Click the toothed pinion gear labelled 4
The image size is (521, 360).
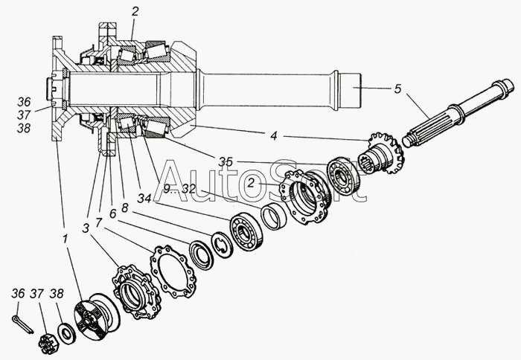pyautogui.click(x=385, y=152)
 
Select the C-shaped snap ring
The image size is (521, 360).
pyautogui.click(x=221, y=244)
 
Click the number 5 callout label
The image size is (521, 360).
pyautogui.click(x=397, y=89)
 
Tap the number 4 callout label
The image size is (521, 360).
pyautogui.click(x=274, y=135)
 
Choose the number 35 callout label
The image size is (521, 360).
pyautogui.click(x=226, y=161)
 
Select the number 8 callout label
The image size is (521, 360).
pyautogui.click(x=124, y=208)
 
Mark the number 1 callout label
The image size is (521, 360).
pyautogui.click(x=65, y=240)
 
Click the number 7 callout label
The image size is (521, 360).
pyautogui.click(x=98, y=223)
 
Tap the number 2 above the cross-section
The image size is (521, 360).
pyautogui.click(x=135, y=11)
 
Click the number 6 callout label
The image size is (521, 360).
pyautogui.click(x=112, y=213)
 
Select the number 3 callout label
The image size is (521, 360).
pyautogui.click(x=87, y=226)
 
